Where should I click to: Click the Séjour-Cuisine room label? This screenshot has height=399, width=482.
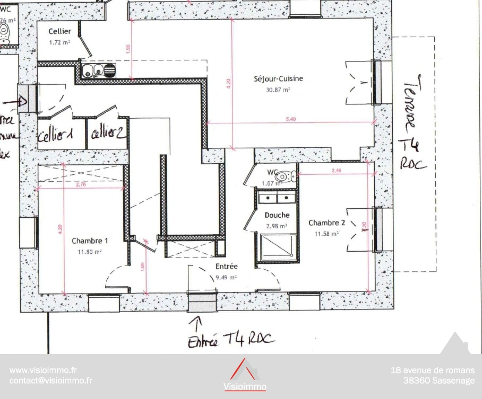click(x=278, y=79)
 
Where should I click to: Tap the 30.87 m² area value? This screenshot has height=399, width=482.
click(x=278, y=90)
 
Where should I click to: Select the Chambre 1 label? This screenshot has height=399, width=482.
click(x=90, y=241)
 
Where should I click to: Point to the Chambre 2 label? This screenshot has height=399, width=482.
click(x=327, y=223)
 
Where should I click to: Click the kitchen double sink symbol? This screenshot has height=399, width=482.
click(x=98, y=70)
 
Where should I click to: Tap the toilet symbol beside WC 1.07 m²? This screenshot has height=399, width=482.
click(x=287, y=175)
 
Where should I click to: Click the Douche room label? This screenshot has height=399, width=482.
click(x=277, y=215)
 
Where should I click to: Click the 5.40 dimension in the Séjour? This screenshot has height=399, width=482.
click(x=291, y=119)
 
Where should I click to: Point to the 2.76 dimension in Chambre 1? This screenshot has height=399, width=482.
click(x=81, y=184)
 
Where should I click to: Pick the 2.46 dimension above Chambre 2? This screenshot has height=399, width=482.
click(x=336, y=170)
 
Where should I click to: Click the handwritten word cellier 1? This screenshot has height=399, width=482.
click(x=56, y=135)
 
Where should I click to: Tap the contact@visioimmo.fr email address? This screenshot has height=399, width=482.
click(x=51, y=381)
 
